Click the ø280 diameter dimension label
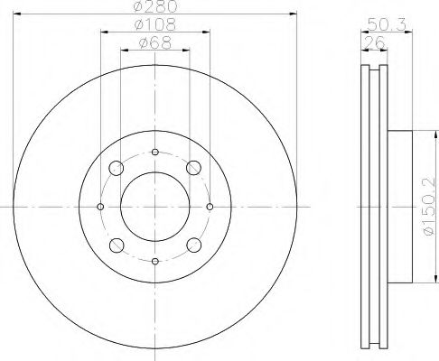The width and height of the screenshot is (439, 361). click(x=155, y=7)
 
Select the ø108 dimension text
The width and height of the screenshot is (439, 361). click(x=155, y=24)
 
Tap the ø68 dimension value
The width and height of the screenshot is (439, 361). click(x=155, y=42)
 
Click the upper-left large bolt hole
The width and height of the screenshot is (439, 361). click(x=117, y=167)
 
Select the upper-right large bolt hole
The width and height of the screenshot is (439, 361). click(x=194, y=167)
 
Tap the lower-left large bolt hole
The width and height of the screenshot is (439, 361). click(x=117, y=245)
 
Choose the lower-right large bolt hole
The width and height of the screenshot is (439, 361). click(x=194, y=245)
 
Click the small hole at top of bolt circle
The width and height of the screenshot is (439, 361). click(x=155, y=152)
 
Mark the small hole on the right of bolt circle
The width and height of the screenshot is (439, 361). click(x=210, y=206)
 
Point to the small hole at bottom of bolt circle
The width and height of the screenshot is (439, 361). click(x=155, y=261)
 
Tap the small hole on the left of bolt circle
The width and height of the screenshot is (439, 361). click(x=100, y=206)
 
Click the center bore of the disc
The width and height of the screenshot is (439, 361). click(x=155, y=206)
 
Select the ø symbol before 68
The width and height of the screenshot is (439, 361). click(x=144, y=42)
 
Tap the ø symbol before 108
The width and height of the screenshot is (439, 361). click(x=140, y=24)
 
